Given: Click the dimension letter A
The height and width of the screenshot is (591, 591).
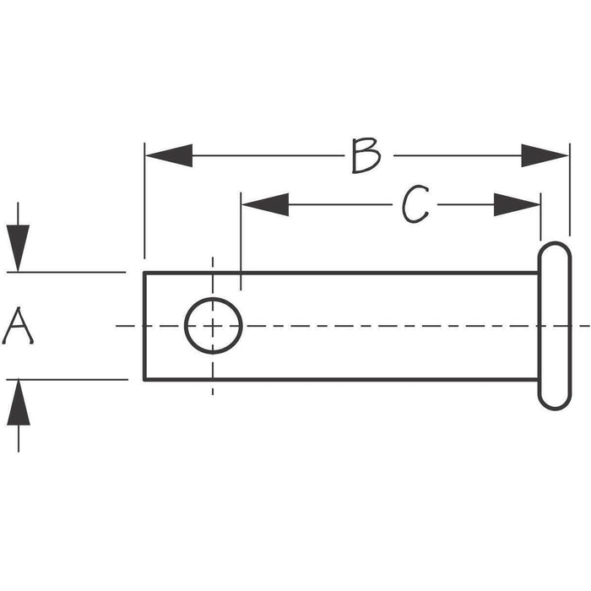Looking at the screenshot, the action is (x=18, y=327).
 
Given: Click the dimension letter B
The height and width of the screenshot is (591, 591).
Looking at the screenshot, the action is (x=366, y=155).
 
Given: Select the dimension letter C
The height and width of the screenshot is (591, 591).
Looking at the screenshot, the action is (x=415, y=204).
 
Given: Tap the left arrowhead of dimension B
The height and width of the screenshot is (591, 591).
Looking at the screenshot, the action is (x=169, y=155).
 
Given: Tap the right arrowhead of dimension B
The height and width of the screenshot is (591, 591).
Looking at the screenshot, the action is (x=545, y=155).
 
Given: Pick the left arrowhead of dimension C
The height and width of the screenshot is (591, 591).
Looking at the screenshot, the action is (x=265, y=204).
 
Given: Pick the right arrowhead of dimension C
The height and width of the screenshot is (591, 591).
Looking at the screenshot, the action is (x=517, y=204).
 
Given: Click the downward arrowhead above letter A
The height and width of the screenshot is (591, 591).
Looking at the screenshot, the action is (x=18, y=248).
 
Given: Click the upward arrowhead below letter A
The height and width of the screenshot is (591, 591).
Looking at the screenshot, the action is (x=19, y=403).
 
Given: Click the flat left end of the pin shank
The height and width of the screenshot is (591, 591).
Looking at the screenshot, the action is (x=144, y=326).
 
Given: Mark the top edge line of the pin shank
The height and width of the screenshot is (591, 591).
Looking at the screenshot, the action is (x=341, y=273).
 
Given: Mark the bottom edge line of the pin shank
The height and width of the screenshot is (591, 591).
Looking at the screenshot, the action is (x=341, y=380).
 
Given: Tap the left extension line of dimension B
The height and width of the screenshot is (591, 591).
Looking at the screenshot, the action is (x=144, y=201).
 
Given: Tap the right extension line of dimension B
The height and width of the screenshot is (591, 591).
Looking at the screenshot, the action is (x=570, y=190).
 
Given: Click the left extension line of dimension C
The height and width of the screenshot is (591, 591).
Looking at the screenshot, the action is (x=241, y=241).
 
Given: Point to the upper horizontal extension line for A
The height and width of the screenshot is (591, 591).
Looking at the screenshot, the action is (x=67, y=272).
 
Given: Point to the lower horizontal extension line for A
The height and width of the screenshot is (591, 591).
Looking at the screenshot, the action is (x=67, y=380).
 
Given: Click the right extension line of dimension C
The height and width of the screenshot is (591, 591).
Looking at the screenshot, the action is (x=541, y=217).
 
